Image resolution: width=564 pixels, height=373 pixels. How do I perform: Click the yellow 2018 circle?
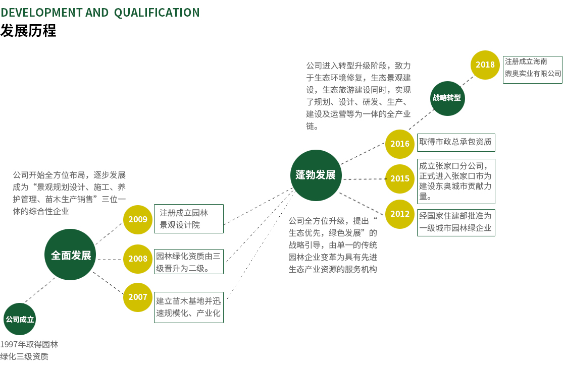pyautogui.click(x=485, y=65)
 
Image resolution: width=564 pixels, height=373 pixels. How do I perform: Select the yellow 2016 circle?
pyautogui.click(x=400, y=144)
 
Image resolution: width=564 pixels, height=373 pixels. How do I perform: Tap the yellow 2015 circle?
pyautogui.click(x=400, y=178)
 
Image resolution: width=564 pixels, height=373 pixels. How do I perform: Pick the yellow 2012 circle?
pyautogui.click(x=400, y=214)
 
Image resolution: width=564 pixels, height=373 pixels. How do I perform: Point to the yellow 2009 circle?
pyautogui.click(x=138, y=219)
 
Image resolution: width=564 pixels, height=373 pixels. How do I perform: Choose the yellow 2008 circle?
pyautogui.click(x=138, y=259)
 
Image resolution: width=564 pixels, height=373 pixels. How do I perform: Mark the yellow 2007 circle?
pyautogui.click(x=138, y=297)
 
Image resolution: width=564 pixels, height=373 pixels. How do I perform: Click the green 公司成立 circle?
pyautogui.click(x=20, y=319)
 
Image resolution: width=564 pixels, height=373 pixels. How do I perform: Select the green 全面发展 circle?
pyautogui.click(x=71, y=255)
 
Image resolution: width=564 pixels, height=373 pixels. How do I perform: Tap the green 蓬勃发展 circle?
pyautogui.click(x=316, y=175)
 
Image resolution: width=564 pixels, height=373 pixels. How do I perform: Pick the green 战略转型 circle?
pyautogui.click(x=447, y=98)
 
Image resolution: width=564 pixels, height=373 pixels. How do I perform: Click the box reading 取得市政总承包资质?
pyautogui.click(x=456, y=142)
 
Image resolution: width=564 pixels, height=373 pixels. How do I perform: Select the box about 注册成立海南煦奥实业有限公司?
pyautogui.click(x=533, y=69)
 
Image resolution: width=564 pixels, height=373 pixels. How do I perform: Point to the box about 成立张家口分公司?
pyautogui.click(x=456, y=181)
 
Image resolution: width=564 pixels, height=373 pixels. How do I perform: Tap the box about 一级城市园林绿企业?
pyautogui.click(x=456, y=222)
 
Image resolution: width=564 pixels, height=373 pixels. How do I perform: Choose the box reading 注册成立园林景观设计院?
pyautogui.click(x=188, y=219)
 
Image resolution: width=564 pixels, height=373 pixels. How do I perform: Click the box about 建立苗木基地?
pyautogui.click(x=188, y=307)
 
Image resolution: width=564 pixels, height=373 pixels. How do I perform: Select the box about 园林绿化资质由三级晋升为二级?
pyautogui.click(x=188, y=262)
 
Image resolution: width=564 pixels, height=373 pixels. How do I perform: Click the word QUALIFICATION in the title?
pyautogui.click(x=157, y=13)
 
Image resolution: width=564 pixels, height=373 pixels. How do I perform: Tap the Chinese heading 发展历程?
pyautogui.click(x=28, y=31)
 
